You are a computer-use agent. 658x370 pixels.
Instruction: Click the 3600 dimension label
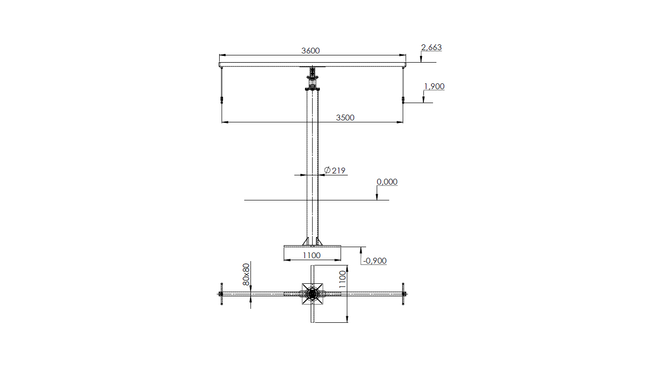(x=311, y=51)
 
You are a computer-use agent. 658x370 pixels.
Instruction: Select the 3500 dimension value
(x=345, y=118)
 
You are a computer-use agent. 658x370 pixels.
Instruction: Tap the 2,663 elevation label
(x=431, y=47)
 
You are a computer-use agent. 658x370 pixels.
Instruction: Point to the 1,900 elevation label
(x=434, y=86)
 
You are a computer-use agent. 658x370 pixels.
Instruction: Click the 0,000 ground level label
(x=387, y=182)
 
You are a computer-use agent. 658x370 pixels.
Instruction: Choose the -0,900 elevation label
(x=375, y=261)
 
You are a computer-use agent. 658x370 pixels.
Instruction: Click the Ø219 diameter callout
(x=335, y=171)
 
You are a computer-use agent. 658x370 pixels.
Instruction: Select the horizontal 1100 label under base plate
(x=312, y=256)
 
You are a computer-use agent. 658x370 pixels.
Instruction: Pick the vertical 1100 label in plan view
(x=343, y=279)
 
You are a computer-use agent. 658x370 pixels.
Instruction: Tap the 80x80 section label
(x=246, y=274)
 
